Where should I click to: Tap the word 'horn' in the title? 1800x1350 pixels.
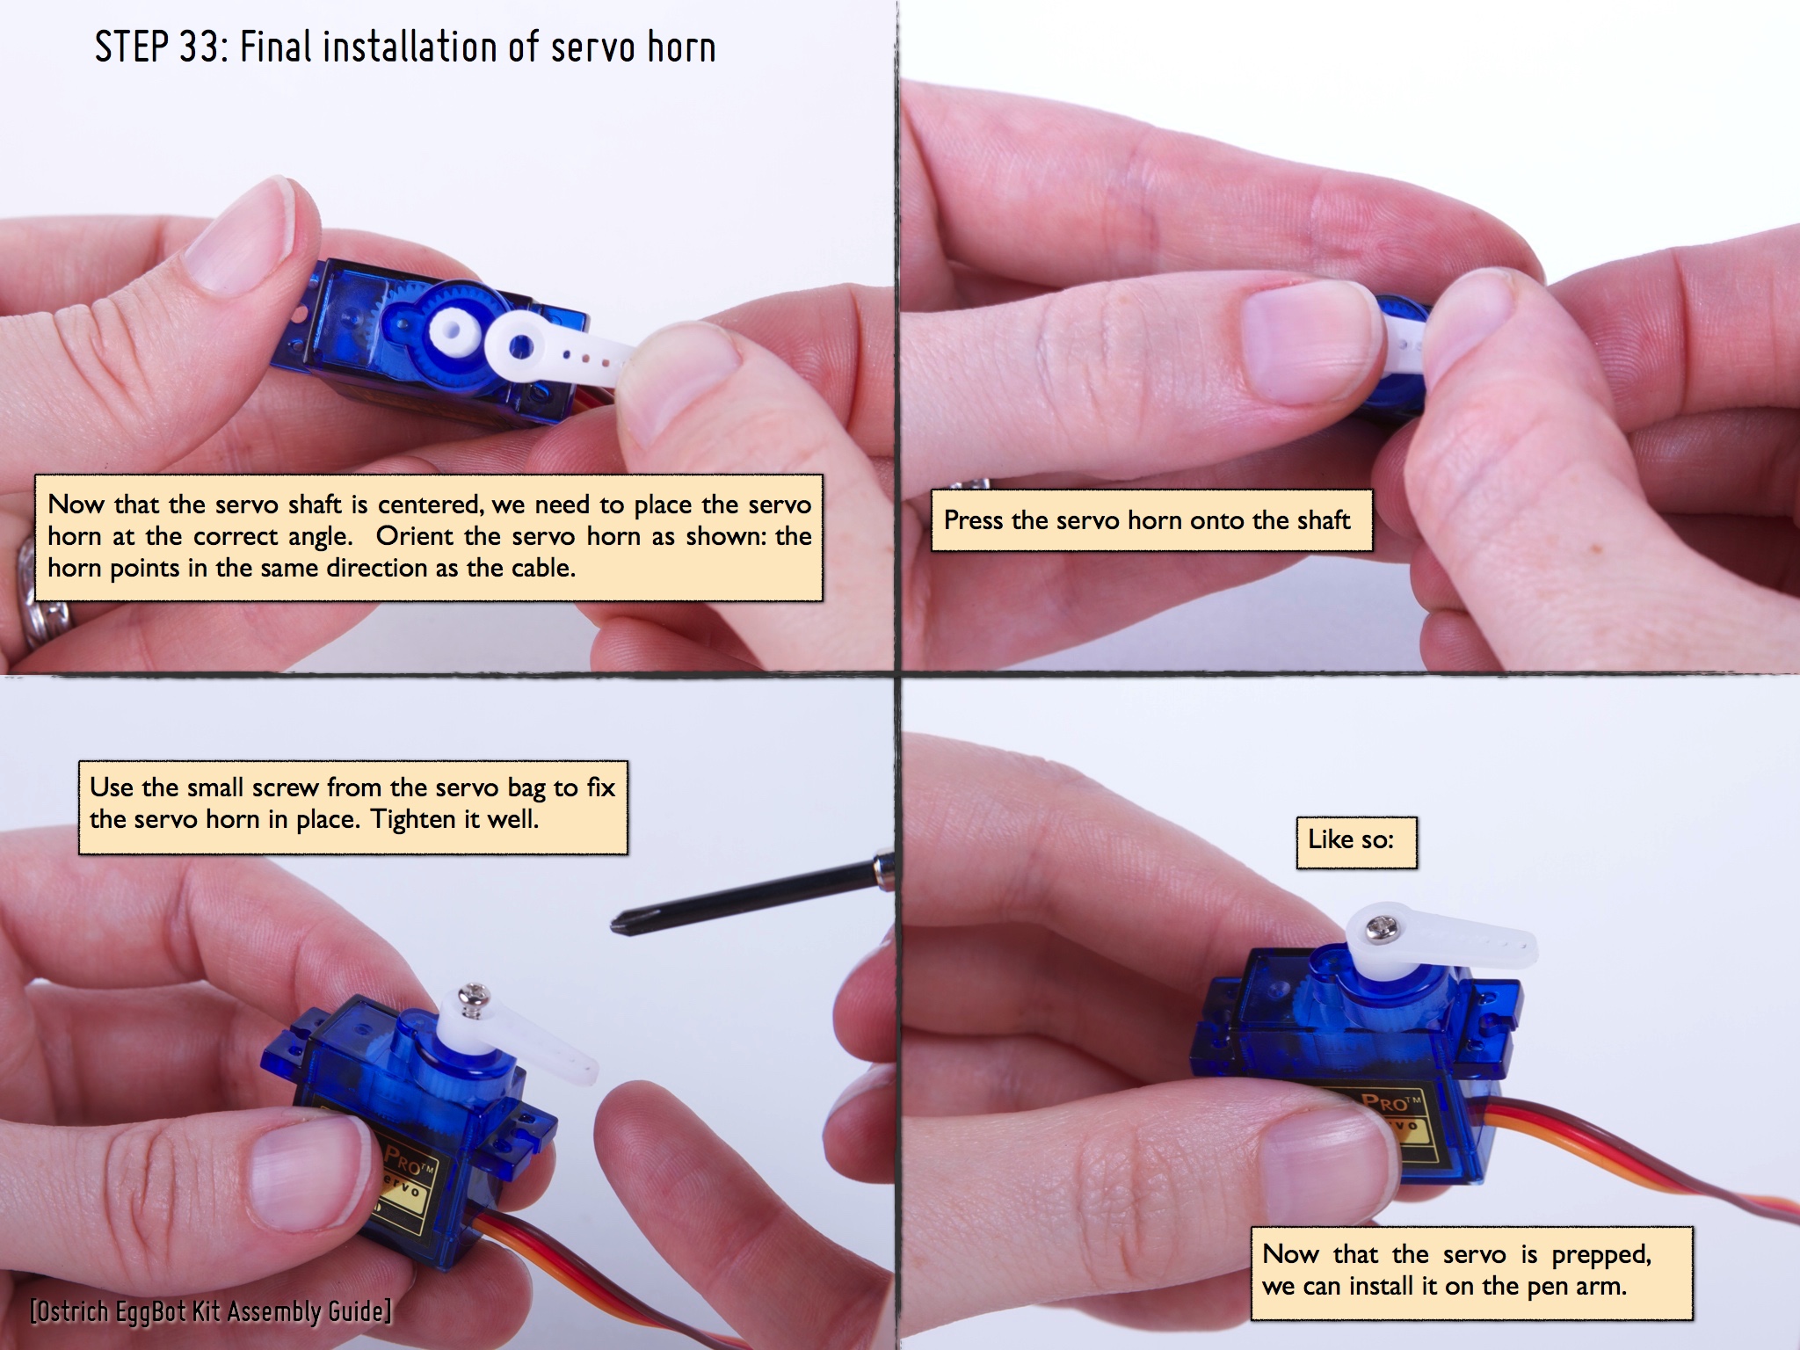(x=681, y=47)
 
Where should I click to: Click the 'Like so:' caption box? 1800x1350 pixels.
(x=1356, y=842)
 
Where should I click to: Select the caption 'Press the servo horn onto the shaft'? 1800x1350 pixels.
(x=1150, y=520)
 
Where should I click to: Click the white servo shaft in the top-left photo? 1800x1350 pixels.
(x=454, y=331)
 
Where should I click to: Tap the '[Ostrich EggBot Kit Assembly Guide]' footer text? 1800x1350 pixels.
(x=211, y=1311)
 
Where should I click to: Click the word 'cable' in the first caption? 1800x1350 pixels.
(x=541, y=568)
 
